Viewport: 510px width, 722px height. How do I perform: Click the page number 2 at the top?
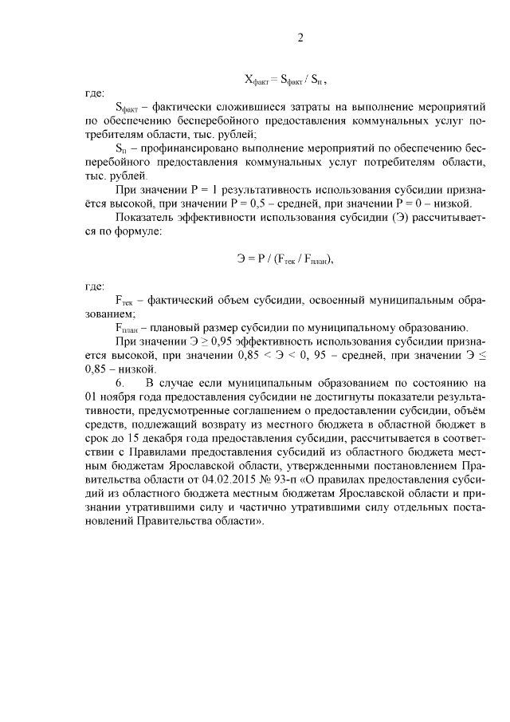click(x=300, y=37)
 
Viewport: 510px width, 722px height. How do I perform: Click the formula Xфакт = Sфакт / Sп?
click(x=285, y=80)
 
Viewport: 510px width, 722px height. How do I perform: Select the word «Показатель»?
click(x=144, y=217)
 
